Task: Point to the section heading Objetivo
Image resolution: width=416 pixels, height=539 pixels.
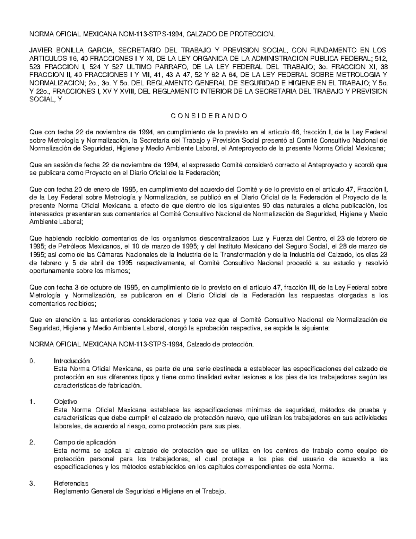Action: click(x=66, y=402)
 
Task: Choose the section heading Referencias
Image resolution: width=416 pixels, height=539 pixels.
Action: click(x=71, y=483)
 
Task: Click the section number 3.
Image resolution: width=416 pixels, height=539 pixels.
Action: click(x=33, y=483)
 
